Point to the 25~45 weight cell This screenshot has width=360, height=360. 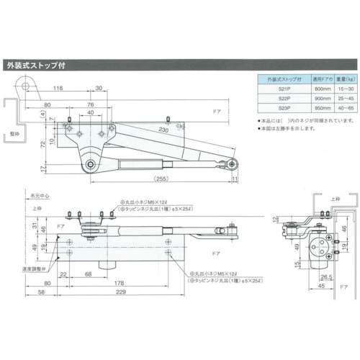341,99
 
